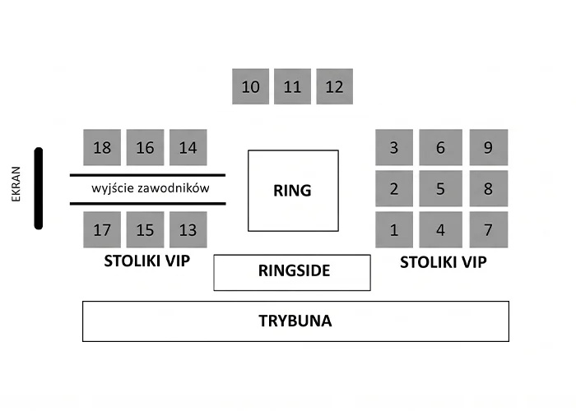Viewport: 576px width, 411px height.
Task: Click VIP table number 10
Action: point(250,86)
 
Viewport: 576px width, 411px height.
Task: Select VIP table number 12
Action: point(335,86)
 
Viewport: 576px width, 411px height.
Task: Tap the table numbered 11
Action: point(292,86)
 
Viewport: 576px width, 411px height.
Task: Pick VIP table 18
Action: point(102,147)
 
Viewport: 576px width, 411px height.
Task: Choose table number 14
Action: point(188,147)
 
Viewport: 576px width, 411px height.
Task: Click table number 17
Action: point(102,229)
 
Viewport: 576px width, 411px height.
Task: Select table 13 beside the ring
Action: point(188,229)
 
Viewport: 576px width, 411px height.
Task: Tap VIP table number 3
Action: point(394,147)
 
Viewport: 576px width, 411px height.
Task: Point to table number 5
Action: point(441,188)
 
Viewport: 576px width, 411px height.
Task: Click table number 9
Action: point(489,147)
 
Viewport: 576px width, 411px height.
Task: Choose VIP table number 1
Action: point(394,229)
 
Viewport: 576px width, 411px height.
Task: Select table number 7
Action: point(489,229)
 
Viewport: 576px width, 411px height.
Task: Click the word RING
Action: point(292,191)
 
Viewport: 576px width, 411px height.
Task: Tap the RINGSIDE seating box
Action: point(292,273)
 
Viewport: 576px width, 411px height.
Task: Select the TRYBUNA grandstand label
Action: point(295,321)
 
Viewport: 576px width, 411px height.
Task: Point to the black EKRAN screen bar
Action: point(39,188)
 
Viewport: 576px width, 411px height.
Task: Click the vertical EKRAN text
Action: point(16,184)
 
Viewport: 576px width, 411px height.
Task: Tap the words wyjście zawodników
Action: point(151,188)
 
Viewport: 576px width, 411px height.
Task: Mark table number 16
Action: point(145,147)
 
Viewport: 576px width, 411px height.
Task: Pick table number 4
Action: point(441,229)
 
